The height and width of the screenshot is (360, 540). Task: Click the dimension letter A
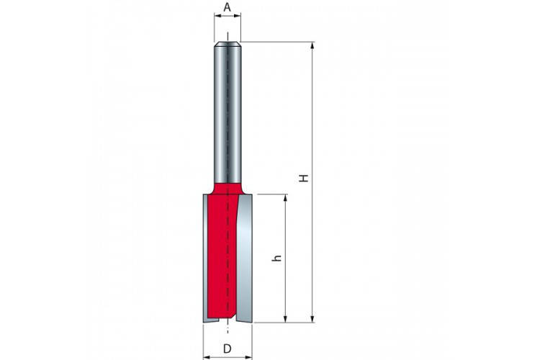(x=228, y=7)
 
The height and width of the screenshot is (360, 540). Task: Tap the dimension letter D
(x=228, y=349)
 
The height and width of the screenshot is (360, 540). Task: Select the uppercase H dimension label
(x=303, y=178)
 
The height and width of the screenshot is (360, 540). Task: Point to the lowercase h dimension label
(x=276, y=258)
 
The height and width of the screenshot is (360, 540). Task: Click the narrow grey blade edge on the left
(x=205, y=258)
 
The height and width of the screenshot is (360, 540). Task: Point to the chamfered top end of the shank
(x=228, y=44)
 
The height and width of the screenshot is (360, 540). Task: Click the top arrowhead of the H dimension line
(x=312, y=45)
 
